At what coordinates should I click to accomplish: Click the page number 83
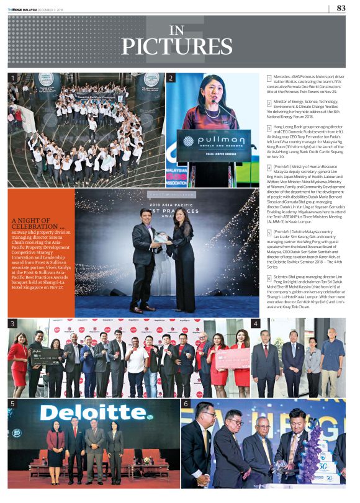tap(341, 8)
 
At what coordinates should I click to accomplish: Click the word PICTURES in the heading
tap(177, 47)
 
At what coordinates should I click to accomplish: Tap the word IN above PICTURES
tap(177, 29)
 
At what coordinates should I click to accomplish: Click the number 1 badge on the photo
tap(12, 78)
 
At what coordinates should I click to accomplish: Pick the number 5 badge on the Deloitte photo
tap(12, 404)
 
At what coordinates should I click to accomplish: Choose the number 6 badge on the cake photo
tap(186, 404)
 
